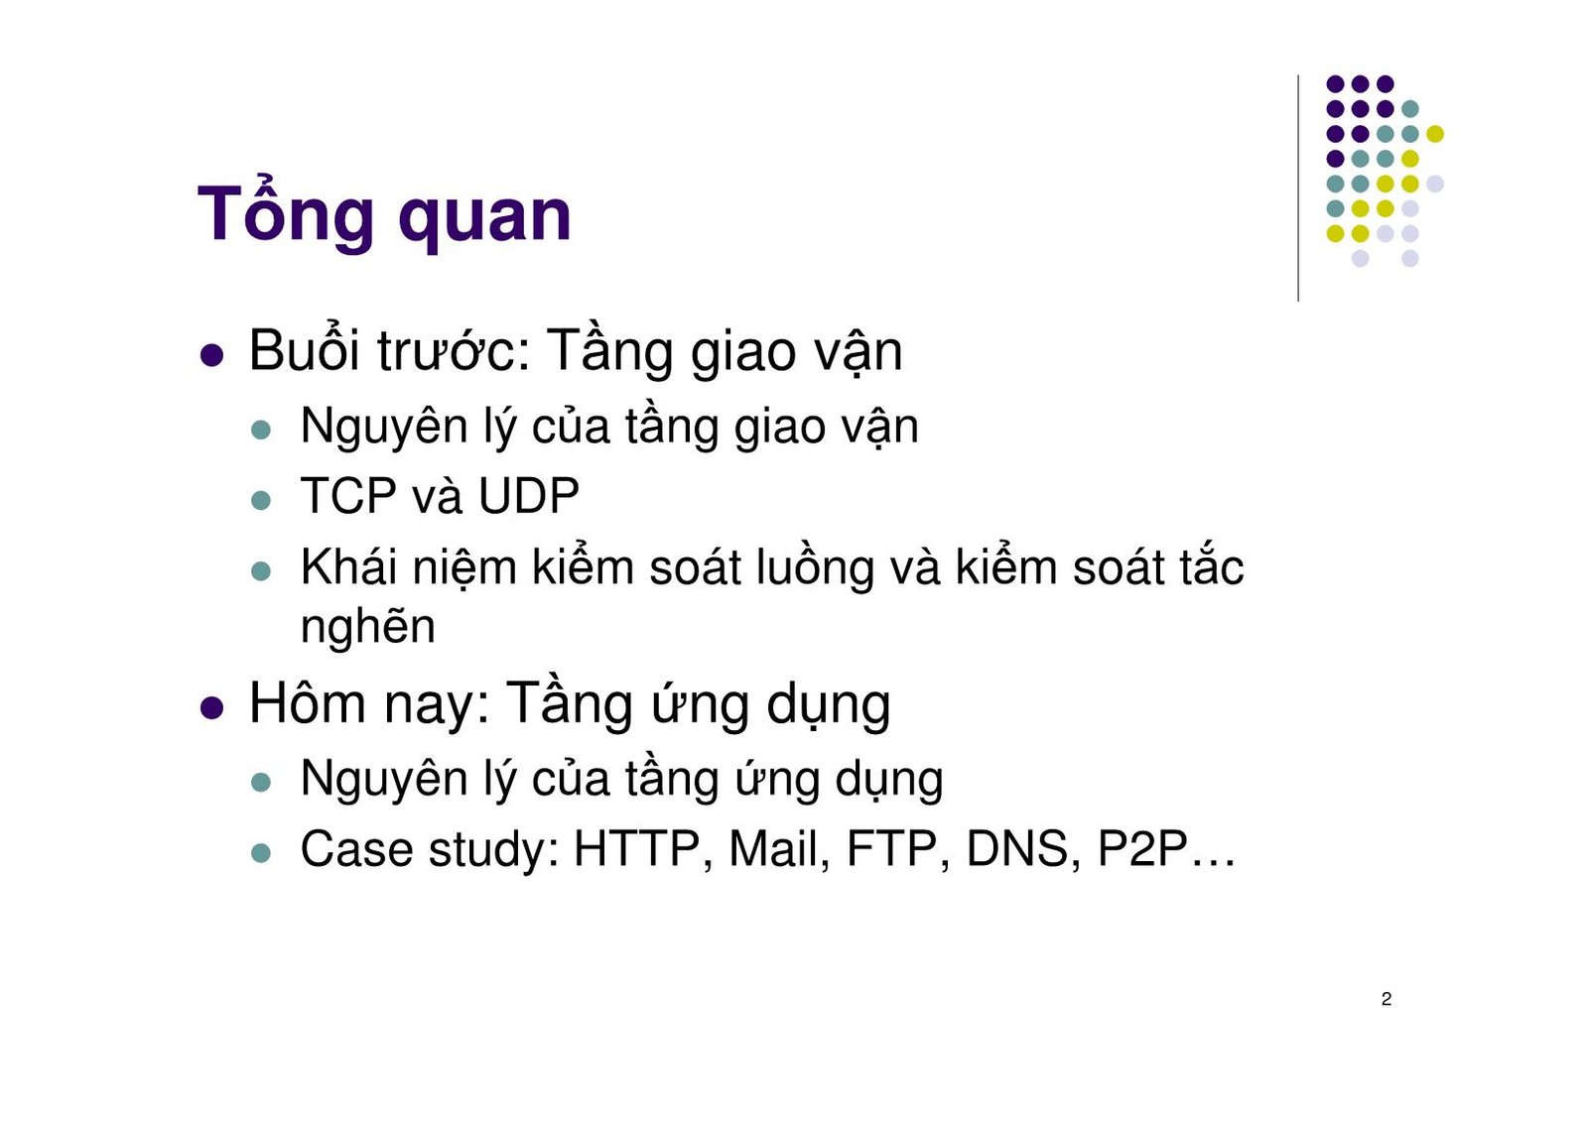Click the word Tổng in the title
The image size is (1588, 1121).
[x=286, y=215]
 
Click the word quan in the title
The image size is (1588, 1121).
[x=484, y=217]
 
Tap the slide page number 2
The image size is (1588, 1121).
[x=1386, y=999]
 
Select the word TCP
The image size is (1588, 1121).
[x=347, y=496]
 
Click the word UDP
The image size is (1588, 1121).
[x=528, y=496]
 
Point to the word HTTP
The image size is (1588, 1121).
[x=636, y=849]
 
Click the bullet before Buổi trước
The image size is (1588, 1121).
[x=211, y=355]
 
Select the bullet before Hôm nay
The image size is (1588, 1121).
[x=211, y=707]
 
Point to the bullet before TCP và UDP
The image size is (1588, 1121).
[x=261, y=500]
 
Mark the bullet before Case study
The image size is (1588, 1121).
[x=261, y=853]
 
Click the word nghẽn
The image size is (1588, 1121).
[x=367, y=628]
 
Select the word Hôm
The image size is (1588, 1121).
[x=307, y=703]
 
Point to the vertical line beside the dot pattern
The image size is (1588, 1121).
[x=1298, y=188]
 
